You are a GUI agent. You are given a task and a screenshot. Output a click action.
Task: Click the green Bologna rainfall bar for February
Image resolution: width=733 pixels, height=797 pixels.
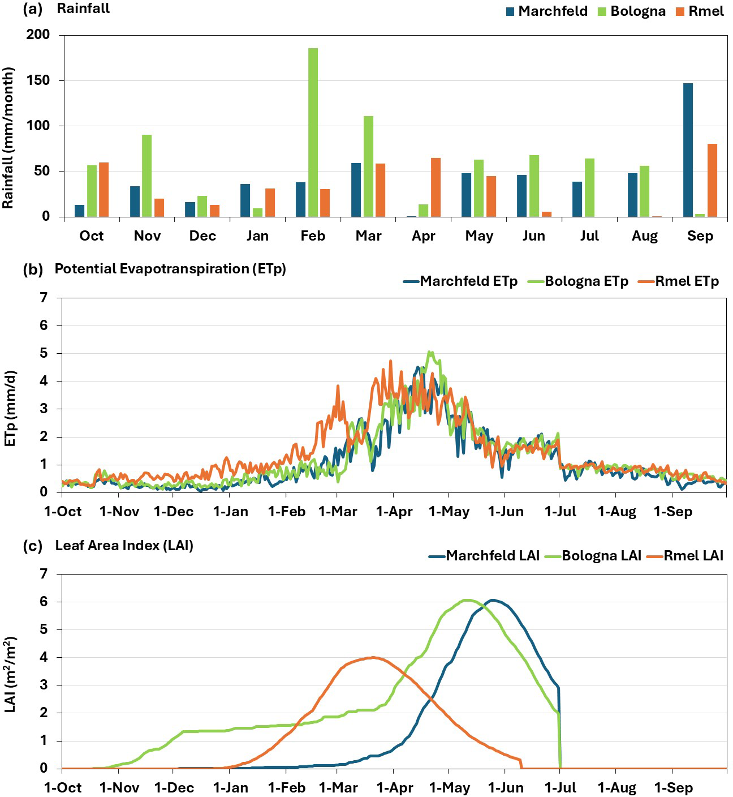coord(313,132)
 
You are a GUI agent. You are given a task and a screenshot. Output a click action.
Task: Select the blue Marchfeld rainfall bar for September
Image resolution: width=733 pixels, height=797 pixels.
coord(688,150)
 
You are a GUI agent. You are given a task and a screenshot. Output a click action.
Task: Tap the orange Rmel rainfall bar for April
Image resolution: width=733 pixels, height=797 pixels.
coord(436,187)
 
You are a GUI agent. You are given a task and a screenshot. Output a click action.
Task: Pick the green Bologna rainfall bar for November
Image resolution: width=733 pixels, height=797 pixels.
coord(146,175)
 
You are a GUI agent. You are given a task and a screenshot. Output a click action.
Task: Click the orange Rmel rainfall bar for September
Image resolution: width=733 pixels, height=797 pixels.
coord(712,180)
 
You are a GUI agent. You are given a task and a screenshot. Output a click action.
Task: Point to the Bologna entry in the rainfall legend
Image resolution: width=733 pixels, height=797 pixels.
coord(632,11)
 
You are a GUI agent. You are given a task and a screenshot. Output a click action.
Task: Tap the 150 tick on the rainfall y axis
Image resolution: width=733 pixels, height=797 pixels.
coord(38,80)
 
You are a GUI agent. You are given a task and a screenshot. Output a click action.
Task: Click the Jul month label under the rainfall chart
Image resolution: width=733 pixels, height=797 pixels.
coord(589,236)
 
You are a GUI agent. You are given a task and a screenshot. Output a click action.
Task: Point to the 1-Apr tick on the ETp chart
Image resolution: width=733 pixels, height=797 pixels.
coord(394,512)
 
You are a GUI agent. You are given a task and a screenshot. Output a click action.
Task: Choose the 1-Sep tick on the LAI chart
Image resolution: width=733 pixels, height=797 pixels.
coord(673,788)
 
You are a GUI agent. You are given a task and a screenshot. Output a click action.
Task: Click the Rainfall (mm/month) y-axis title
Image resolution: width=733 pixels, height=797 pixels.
coord(8,138)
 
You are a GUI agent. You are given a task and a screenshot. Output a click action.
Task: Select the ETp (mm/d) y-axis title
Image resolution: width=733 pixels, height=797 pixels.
coord(10,408)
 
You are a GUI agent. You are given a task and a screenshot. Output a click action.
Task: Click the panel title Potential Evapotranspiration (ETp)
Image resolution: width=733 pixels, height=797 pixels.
coord(170,269)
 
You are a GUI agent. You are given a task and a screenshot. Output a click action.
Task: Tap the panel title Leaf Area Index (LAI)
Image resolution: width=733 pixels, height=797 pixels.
coord(124,546)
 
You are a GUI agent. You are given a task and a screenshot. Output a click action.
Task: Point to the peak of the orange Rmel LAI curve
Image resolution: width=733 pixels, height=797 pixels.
coord(372,657)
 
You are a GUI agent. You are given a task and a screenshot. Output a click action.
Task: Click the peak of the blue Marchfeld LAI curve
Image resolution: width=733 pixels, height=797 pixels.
coord(493,600)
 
